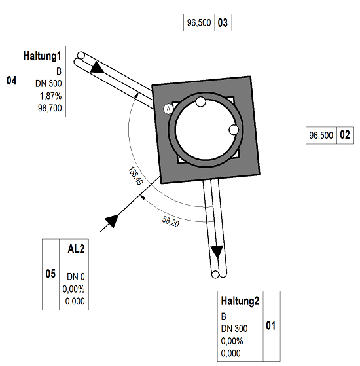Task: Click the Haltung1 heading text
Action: click(43, 56)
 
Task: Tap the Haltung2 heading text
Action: click(240, 301)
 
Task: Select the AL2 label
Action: click(76, 249)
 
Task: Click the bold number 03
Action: click(223, 23)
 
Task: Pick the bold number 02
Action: click(345, 135)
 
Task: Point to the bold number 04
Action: click(11, 81)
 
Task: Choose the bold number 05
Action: click(50, 274)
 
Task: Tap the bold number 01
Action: click(270, 325)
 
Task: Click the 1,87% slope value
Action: click(50, 96)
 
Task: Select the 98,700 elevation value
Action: click(50, 108)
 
